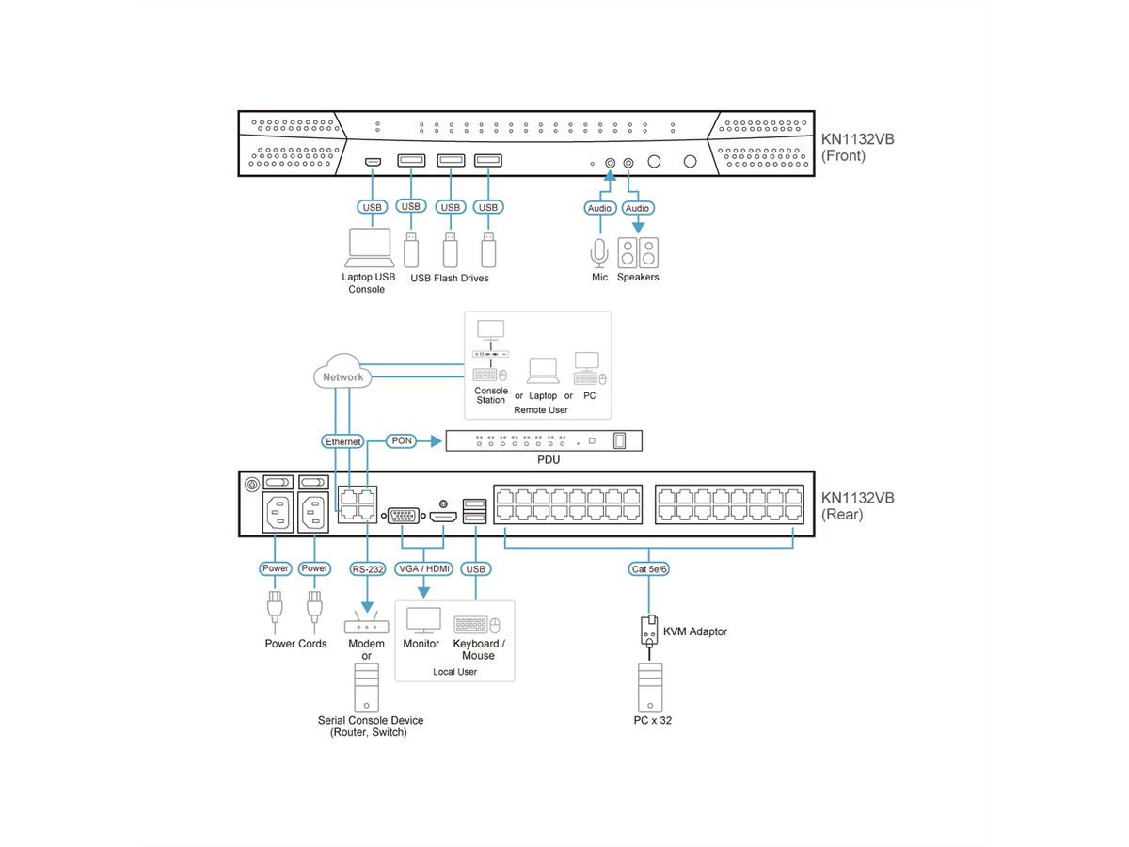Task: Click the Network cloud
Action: tap(342, 374)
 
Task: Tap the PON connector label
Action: tap(401, 440)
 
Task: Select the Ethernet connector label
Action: tap(342, 440)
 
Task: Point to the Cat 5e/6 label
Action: tap(648, 568)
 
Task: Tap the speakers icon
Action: tap(638, 252)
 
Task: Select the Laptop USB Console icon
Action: tap(371, 247)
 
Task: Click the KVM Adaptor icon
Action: tap(648, 631)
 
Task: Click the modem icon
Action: tap(365, 624)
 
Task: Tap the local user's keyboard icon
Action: tap(472, 625)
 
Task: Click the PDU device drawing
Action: tap(545, 439)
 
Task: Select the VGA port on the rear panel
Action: tap(405, 515)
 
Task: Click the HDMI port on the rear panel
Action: tap(443, 516)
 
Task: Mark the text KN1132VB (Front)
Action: tap(857, 148)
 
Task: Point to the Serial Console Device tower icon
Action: tap(366, 687)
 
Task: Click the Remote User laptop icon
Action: tap(542, 372)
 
